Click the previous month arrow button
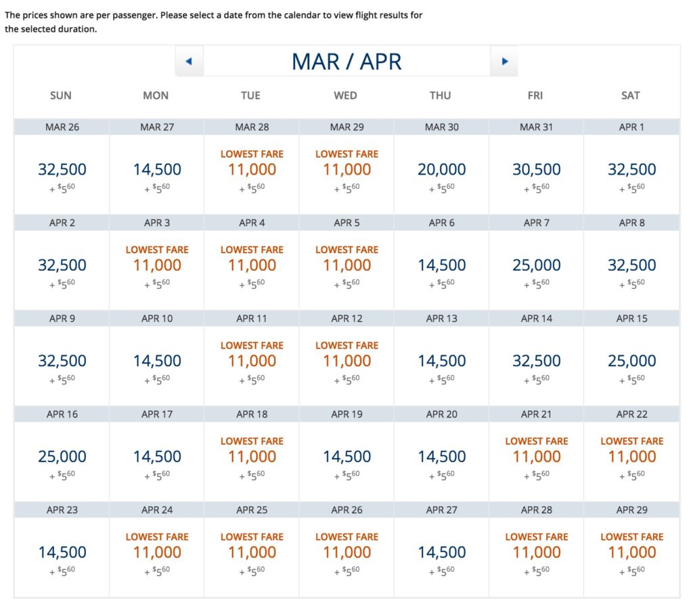189,62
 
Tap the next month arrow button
504,62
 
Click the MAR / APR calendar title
346,62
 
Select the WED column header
345,96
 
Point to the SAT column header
630,96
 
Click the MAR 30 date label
441,127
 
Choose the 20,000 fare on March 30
441,170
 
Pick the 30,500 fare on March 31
536,170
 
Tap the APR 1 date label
631,127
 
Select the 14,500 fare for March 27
157,170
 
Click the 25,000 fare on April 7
536,265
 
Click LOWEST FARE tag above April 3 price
157,250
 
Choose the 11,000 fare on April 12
346,361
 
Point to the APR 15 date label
631,318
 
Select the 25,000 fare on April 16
62,457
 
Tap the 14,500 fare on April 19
346,457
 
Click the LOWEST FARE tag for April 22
631,441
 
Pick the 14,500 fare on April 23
62,552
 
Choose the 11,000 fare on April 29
631,552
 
